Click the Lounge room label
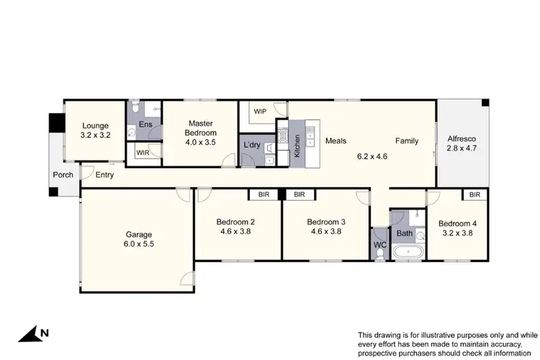point(95,125)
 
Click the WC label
point(379,246)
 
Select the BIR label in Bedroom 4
point(474,194)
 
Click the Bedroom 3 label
point(326,222)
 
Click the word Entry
point(104,175)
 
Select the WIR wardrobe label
point(143,153)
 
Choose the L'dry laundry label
point(251,145)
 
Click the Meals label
point(336,141)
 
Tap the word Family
point(405,141)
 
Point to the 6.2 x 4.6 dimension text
point(371,155)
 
